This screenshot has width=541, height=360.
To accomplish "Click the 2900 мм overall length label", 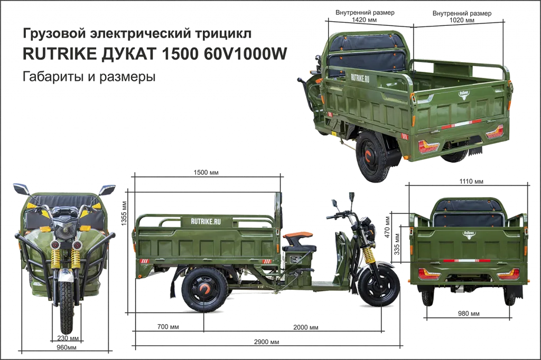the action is pos(266,342).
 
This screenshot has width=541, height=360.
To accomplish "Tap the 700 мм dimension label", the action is pos(168,327).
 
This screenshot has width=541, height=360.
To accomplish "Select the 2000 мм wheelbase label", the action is pos(306,327).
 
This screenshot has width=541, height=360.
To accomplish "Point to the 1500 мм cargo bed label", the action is pos(206,173).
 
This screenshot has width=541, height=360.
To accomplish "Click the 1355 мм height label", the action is pos(124,214).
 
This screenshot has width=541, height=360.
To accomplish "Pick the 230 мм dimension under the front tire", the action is pos(68,338).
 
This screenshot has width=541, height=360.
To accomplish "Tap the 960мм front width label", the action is pos(67,347).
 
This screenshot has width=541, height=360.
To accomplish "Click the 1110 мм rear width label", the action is pos(471,182).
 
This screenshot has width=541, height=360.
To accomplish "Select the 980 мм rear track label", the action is pos(469,314).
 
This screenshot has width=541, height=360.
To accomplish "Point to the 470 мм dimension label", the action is pos(387,227).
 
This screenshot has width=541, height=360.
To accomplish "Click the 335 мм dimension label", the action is pos(397,244).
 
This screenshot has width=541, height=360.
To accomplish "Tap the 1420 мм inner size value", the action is pos(365,20).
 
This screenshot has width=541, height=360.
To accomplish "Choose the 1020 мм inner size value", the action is pos(462,20).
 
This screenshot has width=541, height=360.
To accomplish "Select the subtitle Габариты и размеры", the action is pos(89,76).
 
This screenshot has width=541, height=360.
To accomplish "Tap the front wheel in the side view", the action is pos(379,286).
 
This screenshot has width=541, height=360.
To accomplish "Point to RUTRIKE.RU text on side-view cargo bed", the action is pos(206,221).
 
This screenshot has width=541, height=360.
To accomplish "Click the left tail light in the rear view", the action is pos(429,274).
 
